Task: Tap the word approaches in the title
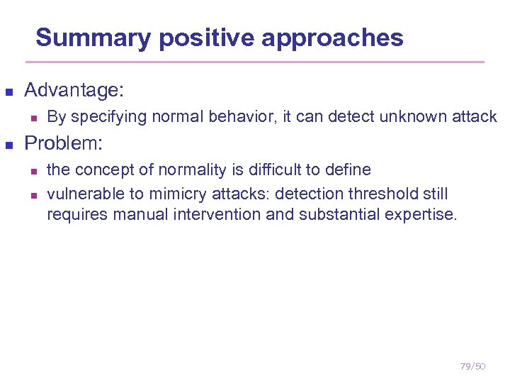pyautogui.click(x=332, y=38)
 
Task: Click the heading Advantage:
pyautogui.click(x=74, y=90)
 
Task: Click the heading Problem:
pyautogui.click(x=64, y=143)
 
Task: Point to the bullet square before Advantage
pyautogui.click(x=9, y=91)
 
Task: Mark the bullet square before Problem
pyautogui.click(x=9, y=145)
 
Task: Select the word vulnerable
pyautogui.click(x=81, y=194)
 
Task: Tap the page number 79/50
pyautogui.click(x=472, y=366)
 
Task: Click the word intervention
pyautogui.click(x=218, y=214)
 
